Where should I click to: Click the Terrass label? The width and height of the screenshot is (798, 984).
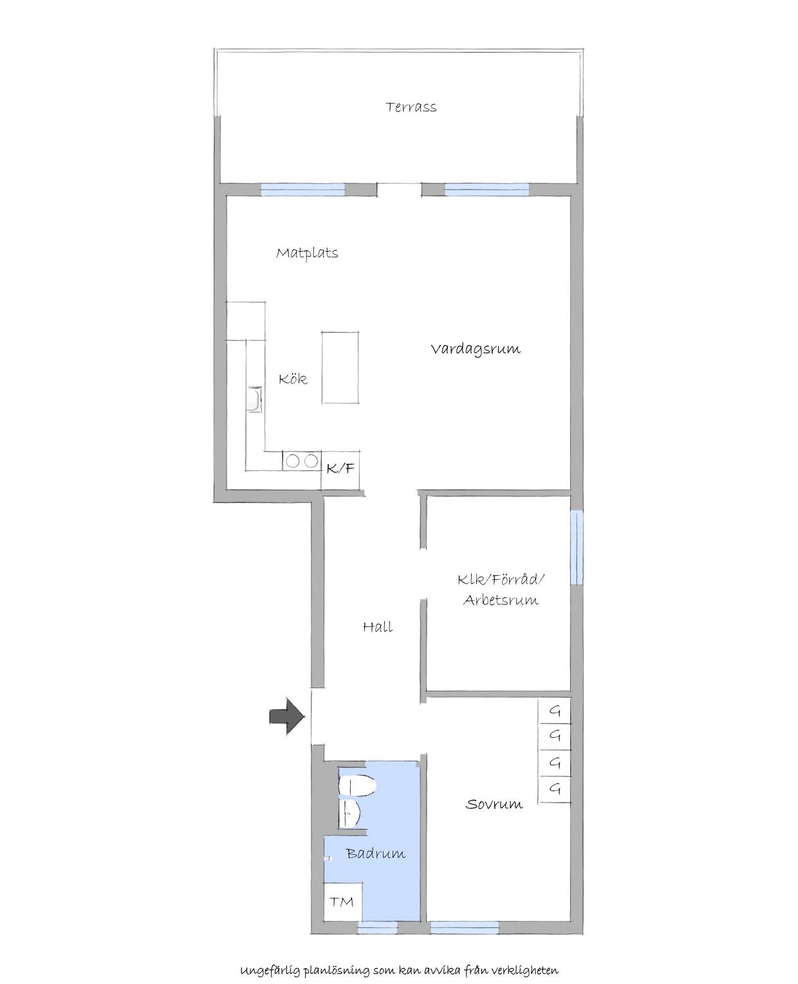tap(411, 107)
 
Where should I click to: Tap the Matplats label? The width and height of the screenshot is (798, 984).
tap(307, 253)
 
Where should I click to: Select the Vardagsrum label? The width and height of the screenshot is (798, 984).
tap(476, 349)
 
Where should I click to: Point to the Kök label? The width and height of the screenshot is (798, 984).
tap(293, 379)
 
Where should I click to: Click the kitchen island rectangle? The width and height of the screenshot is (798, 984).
tap(340, 367)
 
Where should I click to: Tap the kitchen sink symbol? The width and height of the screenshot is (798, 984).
tap(254, 399)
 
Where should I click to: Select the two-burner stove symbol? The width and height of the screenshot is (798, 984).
tap(302, 460)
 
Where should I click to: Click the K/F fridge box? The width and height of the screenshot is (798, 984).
tap(340, 469)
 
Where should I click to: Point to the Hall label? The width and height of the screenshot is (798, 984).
tap(378, 627)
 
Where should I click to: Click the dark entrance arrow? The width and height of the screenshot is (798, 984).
tap(287, 716)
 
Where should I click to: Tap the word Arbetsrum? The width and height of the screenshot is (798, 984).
tap(501, 601)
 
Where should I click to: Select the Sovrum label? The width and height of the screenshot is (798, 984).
tap(494, 805)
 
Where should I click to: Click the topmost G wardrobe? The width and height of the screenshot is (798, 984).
tap(554, 711)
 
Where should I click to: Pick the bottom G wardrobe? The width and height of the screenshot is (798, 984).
tap(554, 790)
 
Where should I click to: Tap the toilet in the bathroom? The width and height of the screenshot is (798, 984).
tap(357, 786)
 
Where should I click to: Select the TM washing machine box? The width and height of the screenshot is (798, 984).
tap(342, 902)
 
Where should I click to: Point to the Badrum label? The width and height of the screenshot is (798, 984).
tap(375, 853)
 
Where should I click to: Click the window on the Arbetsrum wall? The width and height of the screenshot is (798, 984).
tap(577, 547)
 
